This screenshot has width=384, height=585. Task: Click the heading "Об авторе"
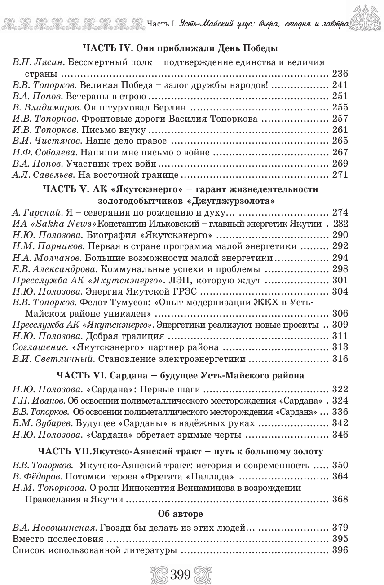click(181, 514)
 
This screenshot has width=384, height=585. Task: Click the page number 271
click(340, 175)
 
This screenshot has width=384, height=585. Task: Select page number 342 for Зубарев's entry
click(340, 423)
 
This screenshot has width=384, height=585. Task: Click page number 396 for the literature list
click(340, 550)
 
